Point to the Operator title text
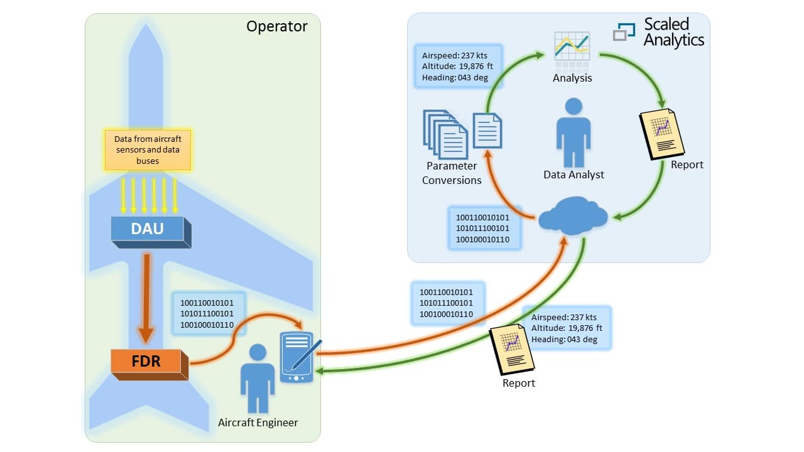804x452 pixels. pyautogui.click(x=276, y=26)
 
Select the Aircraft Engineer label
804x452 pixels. pyautogui.click(x=258, y=422)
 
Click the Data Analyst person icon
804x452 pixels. pyautogui.click(x=573, y=132)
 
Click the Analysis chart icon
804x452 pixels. pyautogui.click(x=572, y=50)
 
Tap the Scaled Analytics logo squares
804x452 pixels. pyautogui.click(x=624, y=31)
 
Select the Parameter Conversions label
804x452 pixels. pyautogui.click(x=452, y=173)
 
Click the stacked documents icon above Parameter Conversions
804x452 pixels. pyautogui.click(x=446, y=134)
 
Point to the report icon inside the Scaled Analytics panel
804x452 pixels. pyautogui.click(x=661, y=133)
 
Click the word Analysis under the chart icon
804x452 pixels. pyautogui.click(x=572, y=78)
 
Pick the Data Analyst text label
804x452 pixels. pyautogui.click(x=573, y=175)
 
